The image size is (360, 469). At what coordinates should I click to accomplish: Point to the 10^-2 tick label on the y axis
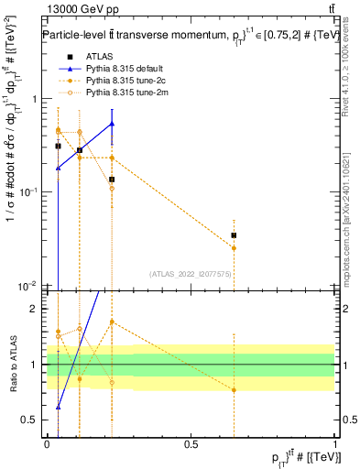click(30, 287)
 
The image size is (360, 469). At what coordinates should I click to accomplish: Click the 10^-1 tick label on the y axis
click(30, 192)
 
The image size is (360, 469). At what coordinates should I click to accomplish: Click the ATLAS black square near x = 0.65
click(235, 235)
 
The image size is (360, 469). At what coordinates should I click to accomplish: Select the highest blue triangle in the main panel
click(112, 123)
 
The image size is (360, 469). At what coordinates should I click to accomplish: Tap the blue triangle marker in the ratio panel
click(59, 407)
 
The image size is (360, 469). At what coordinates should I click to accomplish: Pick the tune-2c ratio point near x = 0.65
click(235, 390)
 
